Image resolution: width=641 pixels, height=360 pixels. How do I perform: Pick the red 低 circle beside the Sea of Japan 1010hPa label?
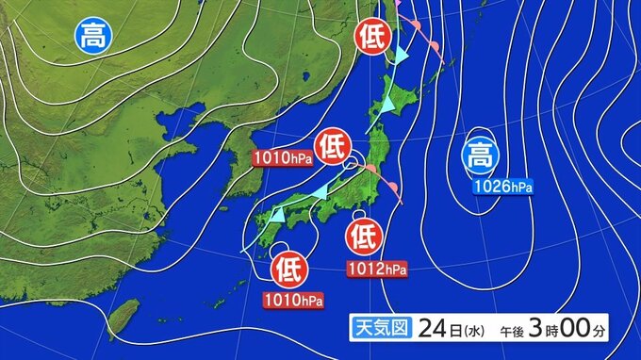330,146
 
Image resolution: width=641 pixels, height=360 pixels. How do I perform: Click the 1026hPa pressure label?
502,186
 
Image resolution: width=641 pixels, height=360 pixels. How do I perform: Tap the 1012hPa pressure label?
377,270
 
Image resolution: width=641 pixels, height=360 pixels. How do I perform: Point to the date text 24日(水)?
448,330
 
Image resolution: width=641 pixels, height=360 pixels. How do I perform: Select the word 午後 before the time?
511,332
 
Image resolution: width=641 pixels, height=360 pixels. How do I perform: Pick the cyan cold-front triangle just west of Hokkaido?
386,104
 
